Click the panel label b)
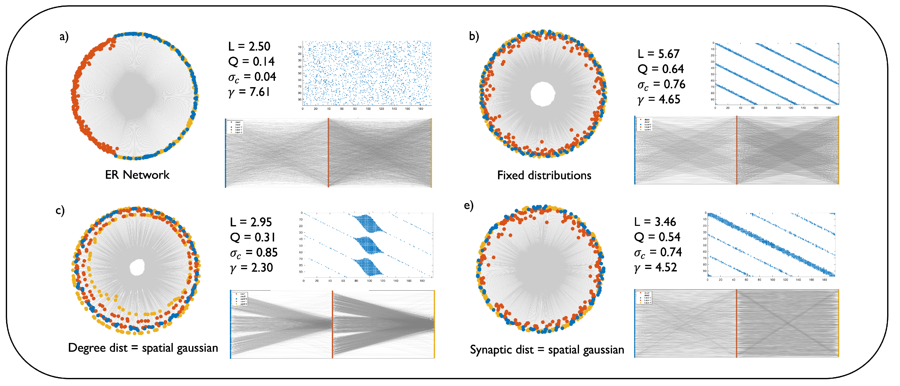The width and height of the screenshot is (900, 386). point(474,36)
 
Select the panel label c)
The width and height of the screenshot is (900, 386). point(60,210)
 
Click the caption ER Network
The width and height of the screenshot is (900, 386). point(137,175)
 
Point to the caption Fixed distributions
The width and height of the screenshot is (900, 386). point(544,175)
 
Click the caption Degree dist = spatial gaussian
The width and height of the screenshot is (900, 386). point(143,348)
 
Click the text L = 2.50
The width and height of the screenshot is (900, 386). point(249,46)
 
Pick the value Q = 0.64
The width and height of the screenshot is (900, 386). point(660,69)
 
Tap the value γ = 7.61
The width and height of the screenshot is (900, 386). point(249,92)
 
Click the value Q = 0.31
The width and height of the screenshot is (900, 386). point(253,237)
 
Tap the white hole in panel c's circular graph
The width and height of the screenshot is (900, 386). point(137,268)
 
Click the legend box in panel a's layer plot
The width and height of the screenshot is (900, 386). point(235,127)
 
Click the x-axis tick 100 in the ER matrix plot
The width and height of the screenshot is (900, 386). point(368,109)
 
